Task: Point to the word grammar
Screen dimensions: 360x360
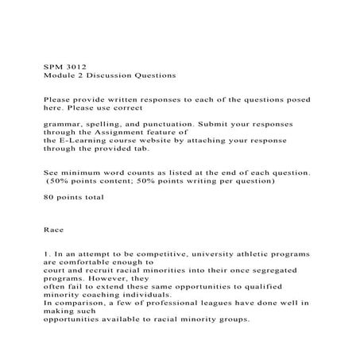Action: [x=63, y=125]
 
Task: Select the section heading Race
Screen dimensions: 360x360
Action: [x=53, y=230]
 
